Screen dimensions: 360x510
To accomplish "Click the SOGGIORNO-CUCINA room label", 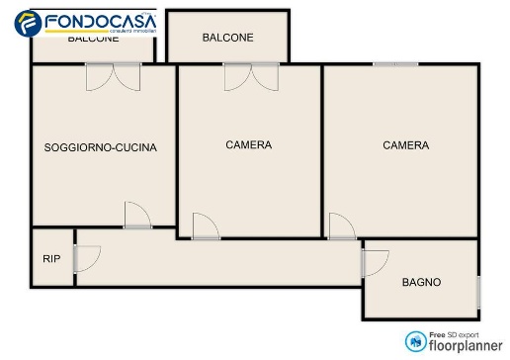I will point(101,148).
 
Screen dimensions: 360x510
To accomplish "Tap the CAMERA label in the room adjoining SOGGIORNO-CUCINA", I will point(248,145).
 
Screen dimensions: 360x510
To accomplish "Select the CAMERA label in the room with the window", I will point(405,145).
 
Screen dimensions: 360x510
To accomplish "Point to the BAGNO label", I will point(421,282).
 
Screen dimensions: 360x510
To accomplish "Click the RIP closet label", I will point(50,259).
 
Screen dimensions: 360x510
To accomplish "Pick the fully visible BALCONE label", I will point(227,38).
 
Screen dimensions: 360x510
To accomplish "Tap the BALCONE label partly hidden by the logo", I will point(93,40).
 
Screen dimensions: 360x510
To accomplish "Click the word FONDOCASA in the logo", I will point(98,19).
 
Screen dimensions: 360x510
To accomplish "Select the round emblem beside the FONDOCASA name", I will point(31,22).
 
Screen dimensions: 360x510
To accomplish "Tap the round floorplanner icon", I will point(415,341).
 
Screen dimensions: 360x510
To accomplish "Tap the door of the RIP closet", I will point(86,258).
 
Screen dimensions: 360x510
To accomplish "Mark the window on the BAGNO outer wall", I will point(478,291).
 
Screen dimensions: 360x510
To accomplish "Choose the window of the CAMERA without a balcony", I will point(395,64).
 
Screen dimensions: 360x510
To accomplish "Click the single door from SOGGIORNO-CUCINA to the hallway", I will point(137,217).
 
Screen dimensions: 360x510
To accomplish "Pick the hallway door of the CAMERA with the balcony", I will point(206,227).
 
